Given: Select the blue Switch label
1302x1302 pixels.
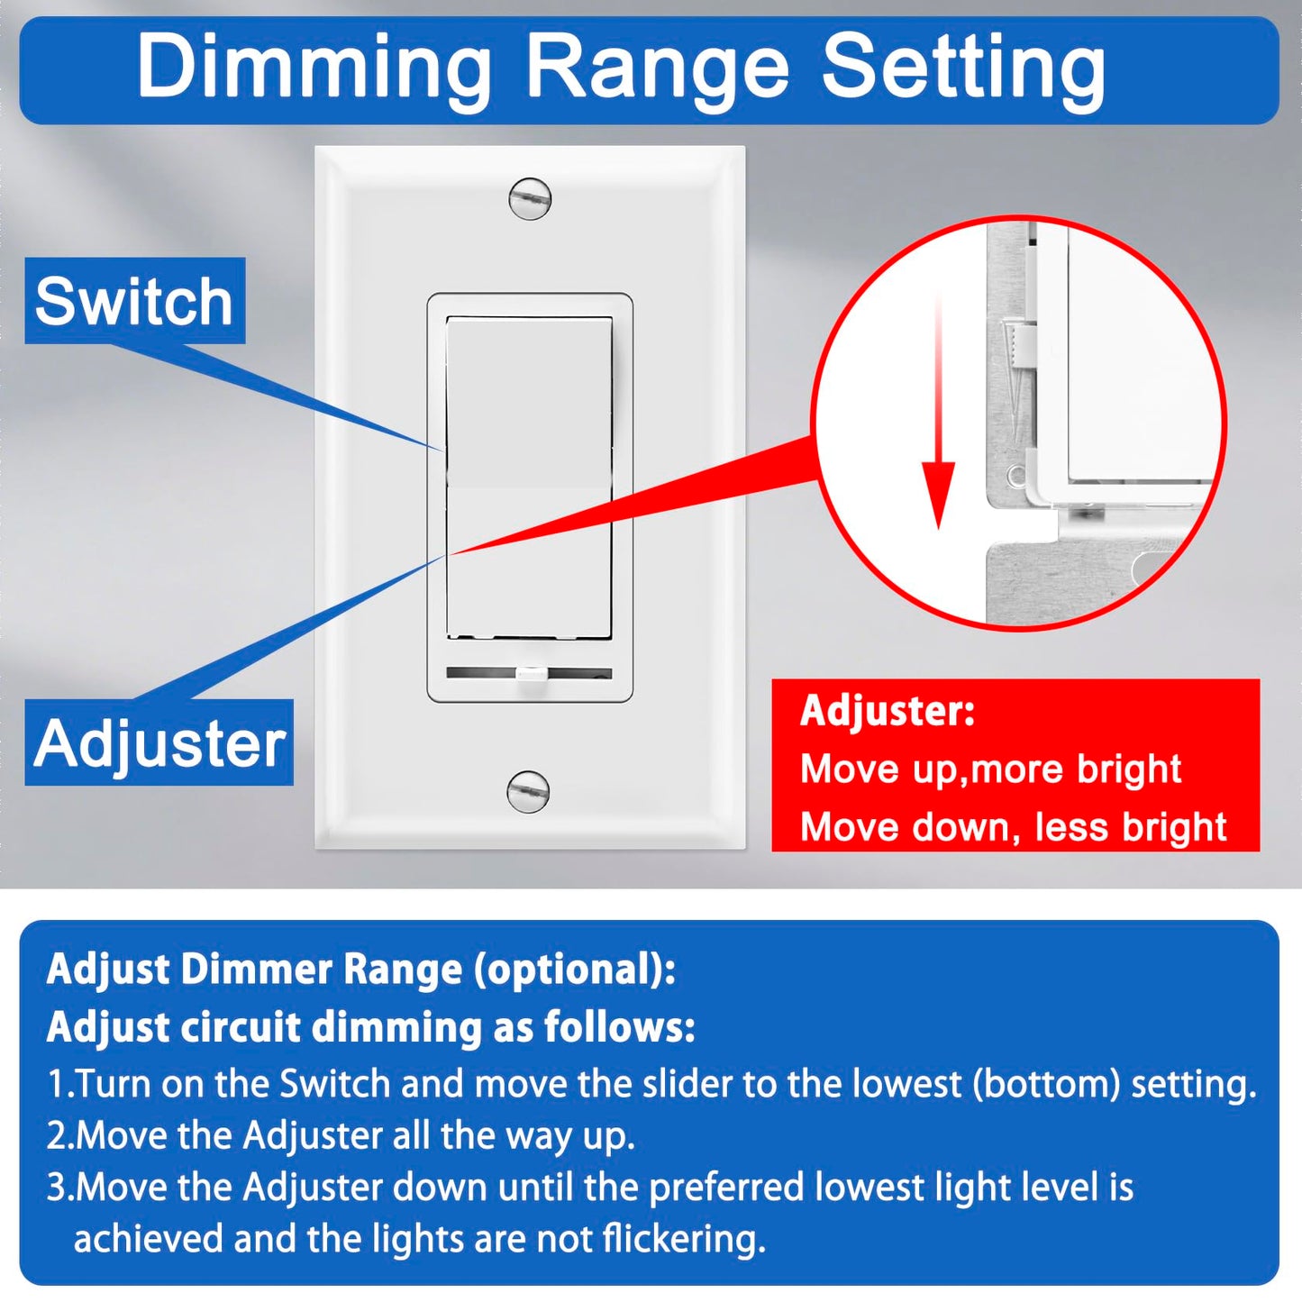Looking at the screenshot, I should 134,301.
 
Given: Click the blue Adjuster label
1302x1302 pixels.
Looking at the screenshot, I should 159,743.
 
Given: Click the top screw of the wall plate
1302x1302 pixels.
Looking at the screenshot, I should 530,199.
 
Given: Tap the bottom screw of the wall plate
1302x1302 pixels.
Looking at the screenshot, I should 528,792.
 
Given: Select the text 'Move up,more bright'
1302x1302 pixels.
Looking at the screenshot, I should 990,769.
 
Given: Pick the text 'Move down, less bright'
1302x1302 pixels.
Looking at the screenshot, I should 1013,827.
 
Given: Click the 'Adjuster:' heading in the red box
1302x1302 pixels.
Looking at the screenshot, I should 888,711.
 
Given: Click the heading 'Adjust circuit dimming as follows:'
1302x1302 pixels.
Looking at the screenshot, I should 370,1027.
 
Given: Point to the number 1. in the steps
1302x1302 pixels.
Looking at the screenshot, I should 59,1084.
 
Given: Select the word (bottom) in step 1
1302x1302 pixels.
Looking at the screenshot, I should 1045,1084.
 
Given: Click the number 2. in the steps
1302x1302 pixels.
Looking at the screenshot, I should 59,1136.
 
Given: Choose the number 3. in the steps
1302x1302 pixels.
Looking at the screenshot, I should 59,1188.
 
